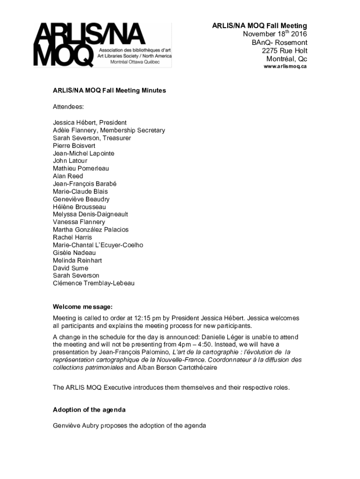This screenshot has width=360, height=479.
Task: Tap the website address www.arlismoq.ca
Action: pyautogui.click(x=285, y=66)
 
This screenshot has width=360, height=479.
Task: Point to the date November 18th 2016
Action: pyautogui.click(x=275, y=34)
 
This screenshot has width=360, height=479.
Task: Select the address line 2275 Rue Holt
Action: pyautogui.click(x=284, y=51)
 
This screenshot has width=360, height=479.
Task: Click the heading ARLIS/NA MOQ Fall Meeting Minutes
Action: pyautogui.click(x=109, y=90)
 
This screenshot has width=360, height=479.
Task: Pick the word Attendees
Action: pyautogui.click(x=68, y=107)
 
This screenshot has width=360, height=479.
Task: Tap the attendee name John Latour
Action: pyautogui.click(x=70, y=161)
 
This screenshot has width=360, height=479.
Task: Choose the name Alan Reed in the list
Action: pyautogui.click(x=68, y=176)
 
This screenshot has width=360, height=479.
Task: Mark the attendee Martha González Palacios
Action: pyautogui.click(x=91, y=230)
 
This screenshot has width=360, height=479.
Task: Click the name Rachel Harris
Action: pyautogui.click(x=72, y=237)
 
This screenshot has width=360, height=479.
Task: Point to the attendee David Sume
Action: pyautogui.click(x=71, y=268)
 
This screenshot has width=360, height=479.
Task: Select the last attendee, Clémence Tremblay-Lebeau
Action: pyautogui.click(x=94, y=283)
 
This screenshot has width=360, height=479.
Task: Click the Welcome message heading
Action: pyautogui.click(x=83, y=307)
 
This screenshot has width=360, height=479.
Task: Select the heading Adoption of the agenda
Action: pyautogui.click(x=89, y=410)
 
